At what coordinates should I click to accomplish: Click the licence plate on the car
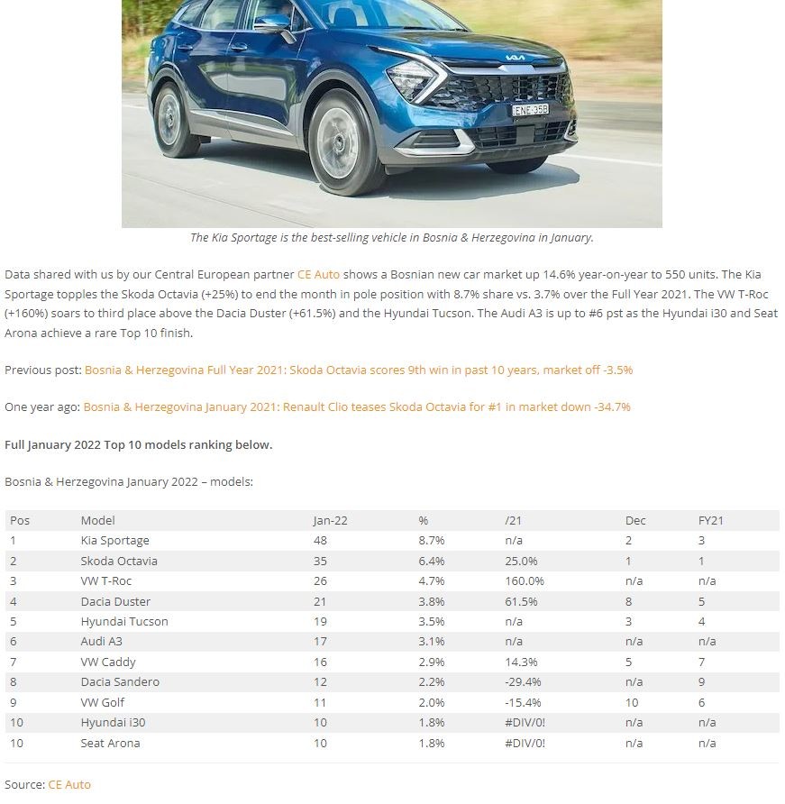tap(530, 110)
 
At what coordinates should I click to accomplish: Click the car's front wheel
tap(338, 143)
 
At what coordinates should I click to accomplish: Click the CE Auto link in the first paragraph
tap(318, 274)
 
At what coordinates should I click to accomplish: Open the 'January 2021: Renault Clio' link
tap(357, 407)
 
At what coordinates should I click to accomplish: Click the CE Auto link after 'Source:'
tap(69, 784)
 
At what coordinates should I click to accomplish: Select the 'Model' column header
tap(97, 520)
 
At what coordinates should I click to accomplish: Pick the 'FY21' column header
tap(711, 520)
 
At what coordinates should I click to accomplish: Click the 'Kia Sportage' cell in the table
tap(114, 541)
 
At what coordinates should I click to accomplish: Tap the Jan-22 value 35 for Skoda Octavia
tap(320, 561)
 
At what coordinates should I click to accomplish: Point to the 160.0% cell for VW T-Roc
tap(525, 581)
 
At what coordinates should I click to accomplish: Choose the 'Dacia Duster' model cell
tap(115, 601)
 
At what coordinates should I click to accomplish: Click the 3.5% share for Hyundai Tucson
tap(431, 622)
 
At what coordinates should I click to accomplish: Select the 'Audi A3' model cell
tap(101, 642)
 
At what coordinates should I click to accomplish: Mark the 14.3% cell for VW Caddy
tap(522, 662)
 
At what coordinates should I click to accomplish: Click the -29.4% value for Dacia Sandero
tap(524, 682)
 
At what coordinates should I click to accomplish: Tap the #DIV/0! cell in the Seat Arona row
tap(525, 744)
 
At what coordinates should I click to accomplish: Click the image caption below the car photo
tap(391, 238)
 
